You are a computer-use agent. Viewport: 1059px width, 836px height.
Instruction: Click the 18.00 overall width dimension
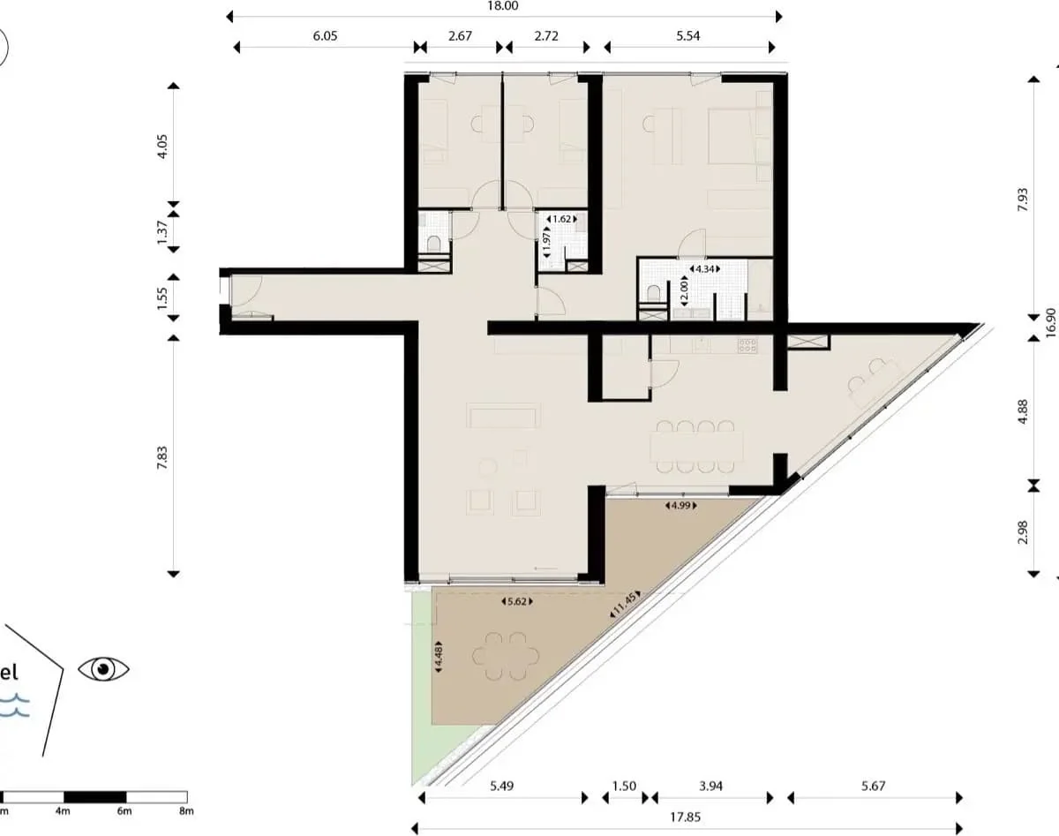[x=502, y=5]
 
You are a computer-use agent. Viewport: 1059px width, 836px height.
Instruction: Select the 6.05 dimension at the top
[x=325, y=37]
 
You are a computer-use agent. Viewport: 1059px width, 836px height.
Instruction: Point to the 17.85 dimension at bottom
[x=686, y=817]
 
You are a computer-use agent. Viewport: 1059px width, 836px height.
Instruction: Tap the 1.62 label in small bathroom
[x=561, y=218]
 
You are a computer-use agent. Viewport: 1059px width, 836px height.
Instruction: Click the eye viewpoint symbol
[x=103, y=669]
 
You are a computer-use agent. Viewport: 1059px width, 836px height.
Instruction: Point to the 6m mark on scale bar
[x=124, y=810]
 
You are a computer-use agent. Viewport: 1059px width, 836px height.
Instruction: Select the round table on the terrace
[x=506, y=656]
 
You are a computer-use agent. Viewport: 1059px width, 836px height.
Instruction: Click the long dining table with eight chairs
[x=695, y=447]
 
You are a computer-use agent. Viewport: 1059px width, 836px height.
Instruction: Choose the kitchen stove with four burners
[x=747, y=346]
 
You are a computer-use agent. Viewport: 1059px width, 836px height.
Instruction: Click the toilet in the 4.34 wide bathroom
[x=653, y=294]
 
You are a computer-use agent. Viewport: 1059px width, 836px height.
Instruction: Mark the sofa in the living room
[x=503, y=416]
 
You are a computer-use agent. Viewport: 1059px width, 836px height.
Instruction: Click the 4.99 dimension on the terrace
[x=679, y=507]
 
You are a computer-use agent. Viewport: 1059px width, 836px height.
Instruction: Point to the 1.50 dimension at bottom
[x=624, y=785]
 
